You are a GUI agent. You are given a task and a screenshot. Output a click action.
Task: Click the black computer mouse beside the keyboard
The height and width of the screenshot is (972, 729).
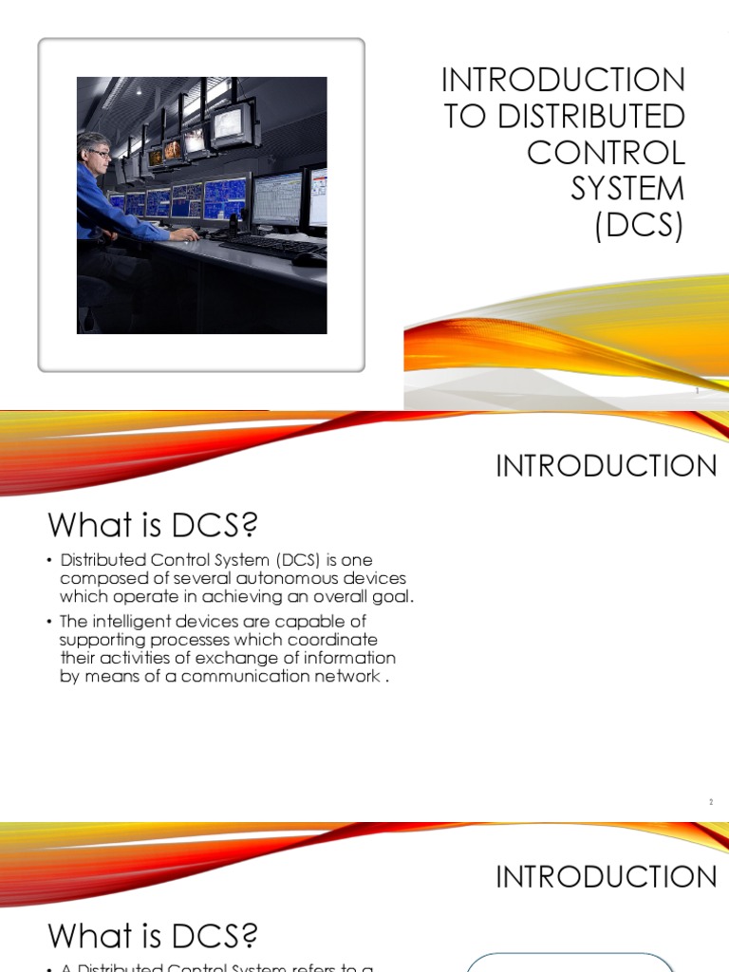(308, 258)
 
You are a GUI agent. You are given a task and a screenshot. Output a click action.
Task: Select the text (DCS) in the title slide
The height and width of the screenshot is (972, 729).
(640, 226)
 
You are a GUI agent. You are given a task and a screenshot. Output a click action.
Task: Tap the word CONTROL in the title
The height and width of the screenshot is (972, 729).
(606, 153)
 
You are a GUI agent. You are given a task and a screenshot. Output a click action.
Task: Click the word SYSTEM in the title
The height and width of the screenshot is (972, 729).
(626, 189)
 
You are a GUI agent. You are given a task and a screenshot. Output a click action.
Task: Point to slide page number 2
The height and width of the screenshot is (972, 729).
(710, 802)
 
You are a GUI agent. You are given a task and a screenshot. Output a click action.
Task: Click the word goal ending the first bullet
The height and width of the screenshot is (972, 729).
(394, 597)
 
